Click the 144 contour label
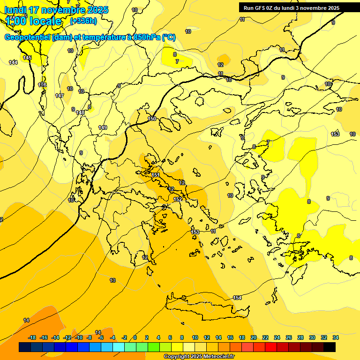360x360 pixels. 13,62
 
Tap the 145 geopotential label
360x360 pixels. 27,58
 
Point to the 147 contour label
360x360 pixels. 60,96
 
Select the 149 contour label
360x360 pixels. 103,127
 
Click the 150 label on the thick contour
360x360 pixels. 152,119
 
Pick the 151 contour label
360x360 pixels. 156,175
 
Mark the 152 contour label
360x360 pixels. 178,199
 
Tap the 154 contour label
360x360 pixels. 237,298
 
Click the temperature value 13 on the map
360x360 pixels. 112,280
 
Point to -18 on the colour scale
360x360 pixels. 32,337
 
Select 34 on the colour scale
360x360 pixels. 335,337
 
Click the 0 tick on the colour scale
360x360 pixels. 135,337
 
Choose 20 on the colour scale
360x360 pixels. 254,337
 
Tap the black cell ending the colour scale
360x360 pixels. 329,347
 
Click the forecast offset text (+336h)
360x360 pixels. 83,21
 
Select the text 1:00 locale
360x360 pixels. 34,21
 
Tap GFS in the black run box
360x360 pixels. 260,8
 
